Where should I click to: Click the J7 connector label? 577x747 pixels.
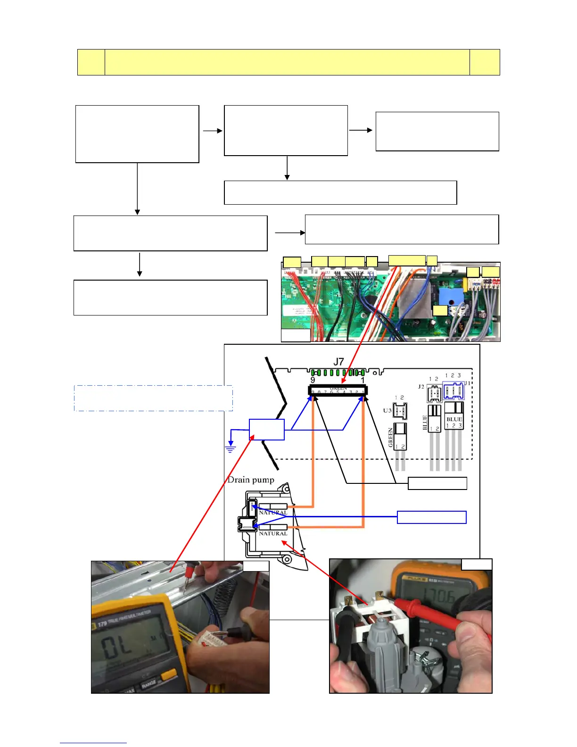click(338, 362)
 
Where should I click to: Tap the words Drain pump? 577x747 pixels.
click(251, 480)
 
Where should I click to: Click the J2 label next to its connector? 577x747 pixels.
click(421, 386)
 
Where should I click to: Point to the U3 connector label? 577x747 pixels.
click(387, 410)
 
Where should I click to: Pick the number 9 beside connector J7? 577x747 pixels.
click(313, 380)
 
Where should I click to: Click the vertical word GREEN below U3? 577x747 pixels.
click(390, 437)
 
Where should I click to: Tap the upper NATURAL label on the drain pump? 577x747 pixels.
click(273, 513)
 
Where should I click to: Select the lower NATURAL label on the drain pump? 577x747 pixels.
click(273, 533)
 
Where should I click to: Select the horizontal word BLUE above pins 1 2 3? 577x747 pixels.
click(454, 419)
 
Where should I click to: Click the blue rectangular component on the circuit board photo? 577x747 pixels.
click(447, 296)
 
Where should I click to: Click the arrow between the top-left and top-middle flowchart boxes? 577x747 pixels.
click(212, 131)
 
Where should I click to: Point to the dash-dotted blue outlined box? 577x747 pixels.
click(153, 398)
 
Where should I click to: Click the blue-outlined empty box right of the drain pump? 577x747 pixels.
click(431, 517)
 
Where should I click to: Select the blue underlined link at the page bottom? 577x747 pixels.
click(93, 743)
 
